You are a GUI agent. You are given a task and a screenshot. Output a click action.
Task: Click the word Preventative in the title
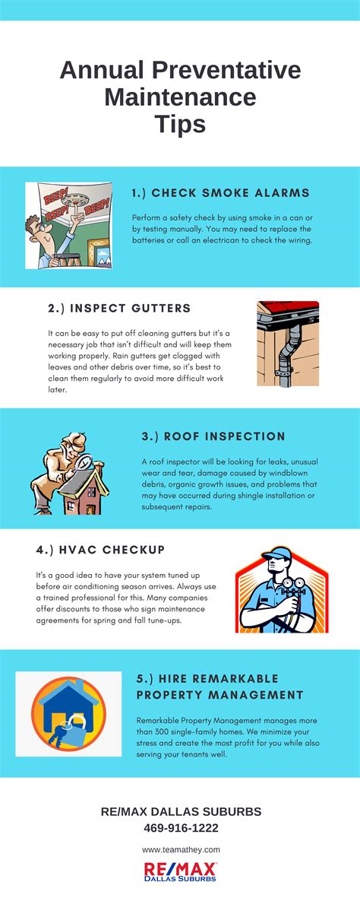pyautogui.click(x=226, y=71)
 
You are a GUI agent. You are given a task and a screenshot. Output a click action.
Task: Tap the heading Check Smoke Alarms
pyautogui.click(x=210, y=192)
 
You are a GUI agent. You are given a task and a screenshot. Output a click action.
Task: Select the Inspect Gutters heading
pyautogui.click(x=118, y=308)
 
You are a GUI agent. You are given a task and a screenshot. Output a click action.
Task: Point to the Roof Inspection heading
pyautogui.click(x=213, y=436)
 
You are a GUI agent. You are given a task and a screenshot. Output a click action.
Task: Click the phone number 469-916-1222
pyautogui.click(x=181, y=827)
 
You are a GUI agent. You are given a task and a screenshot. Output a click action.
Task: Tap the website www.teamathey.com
pyautogui.click(x=181, y=849)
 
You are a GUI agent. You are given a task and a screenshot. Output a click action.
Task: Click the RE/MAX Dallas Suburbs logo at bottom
pyautogui.click(x=181, y=871)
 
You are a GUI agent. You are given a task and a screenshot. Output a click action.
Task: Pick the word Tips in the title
pyautogui.click(x=180, y=122)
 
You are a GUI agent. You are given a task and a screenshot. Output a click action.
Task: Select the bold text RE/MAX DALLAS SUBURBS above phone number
pyautogui.click(x=181, y=811)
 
